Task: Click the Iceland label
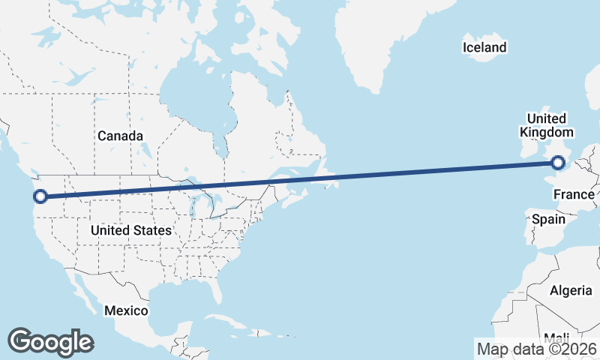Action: click(x=484, y=48)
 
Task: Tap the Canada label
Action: click(x=120, y=136)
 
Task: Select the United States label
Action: click(x=131, y=230)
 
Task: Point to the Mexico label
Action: click(x=126, y=310)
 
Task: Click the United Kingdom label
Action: click(x=546, y=125)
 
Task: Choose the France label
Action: click(x=574, y=195)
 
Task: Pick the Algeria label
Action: click(x=571, y=290)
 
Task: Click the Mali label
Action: click(x=557, y=337)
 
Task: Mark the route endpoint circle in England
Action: click(x=557, y=162)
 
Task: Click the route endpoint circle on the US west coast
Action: click(x=41, y=196)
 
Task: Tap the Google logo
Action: click(x=50, y=342)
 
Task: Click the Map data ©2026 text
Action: click(x=537, y=349)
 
